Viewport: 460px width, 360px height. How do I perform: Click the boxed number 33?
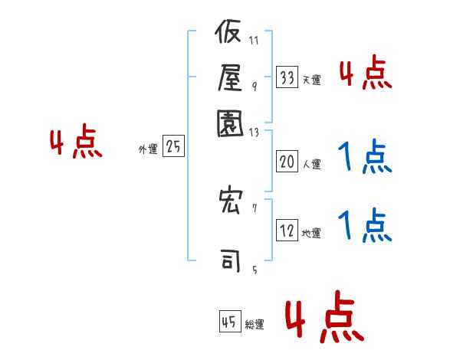coord(287,77)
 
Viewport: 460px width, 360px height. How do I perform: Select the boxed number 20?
coord(287,162)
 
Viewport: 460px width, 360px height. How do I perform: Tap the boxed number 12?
coord(287,231)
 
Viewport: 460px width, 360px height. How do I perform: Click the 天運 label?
coord(311,80)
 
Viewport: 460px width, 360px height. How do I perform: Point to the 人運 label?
coord(311,164)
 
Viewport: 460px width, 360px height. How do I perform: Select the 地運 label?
coord(311,234)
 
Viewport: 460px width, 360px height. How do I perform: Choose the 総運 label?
coord(254,325)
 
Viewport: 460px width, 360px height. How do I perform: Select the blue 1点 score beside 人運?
coord(365,158)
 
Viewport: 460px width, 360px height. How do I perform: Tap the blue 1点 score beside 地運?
coord(365,226)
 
